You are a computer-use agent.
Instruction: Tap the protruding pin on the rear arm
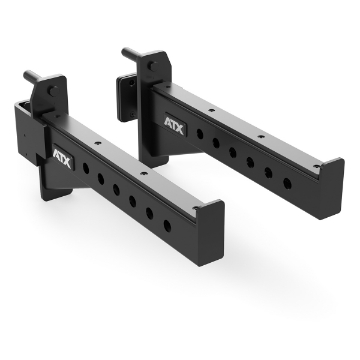(x=127, y=51)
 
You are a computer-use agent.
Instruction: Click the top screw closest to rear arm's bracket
(x=207, y=102)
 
